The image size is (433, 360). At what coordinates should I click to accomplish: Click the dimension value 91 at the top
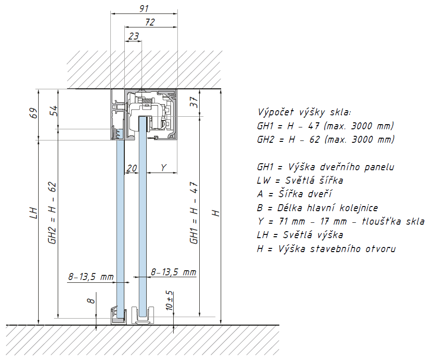(144, 8)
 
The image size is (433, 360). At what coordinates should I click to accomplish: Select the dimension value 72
(150, 22)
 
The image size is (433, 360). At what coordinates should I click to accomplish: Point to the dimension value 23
(134, 36)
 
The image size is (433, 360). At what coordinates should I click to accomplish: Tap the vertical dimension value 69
(33, 113)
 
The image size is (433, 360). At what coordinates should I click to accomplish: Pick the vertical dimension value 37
(194, 102)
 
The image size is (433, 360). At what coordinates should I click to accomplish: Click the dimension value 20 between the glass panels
(132, 168)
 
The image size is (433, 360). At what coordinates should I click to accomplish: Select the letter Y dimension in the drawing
(163, 167)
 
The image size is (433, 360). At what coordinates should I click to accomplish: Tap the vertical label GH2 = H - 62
(53, 213)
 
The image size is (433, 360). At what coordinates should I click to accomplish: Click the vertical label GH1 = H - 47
(194, 213)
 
